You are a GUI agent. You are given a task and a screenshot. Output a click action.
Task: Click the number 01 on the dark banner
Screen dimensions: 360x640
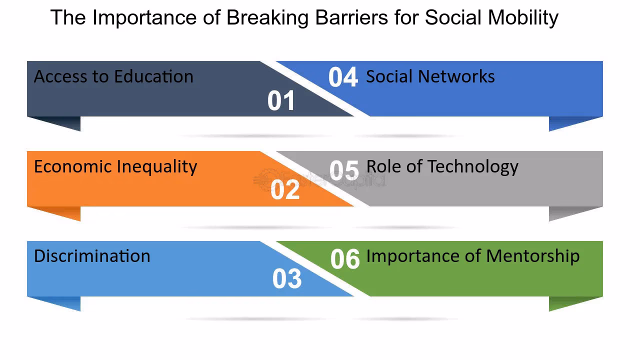[281, 100]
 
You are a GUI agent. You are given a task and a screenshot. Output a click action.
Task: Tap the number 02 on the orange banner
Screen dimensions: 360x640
[285, 190]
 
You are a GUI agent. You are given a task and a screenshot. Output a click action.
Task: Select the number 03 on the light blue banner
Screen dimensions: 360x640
[287, 279]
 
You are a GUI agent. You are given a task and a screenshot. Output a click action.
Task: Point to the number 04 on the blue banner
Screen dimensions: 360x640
[343, 77]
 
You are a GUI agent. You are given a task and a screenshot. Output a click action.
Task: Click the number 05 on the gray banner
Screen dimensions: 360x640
[344, 170]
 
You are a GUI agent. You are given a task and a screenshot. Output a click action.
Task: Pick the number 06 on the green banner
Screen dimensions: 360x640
[345, 259]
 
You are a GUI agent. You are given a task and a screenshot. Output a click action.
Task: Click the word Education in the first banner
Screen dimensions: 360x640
[153, 76]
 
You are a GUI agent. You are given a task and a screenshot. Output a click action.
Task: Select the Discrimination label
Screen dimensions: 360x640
[92, 256]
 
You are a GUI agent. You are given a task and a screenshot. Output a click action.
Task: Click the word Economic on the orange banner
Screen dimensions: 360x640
[73, 166]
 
